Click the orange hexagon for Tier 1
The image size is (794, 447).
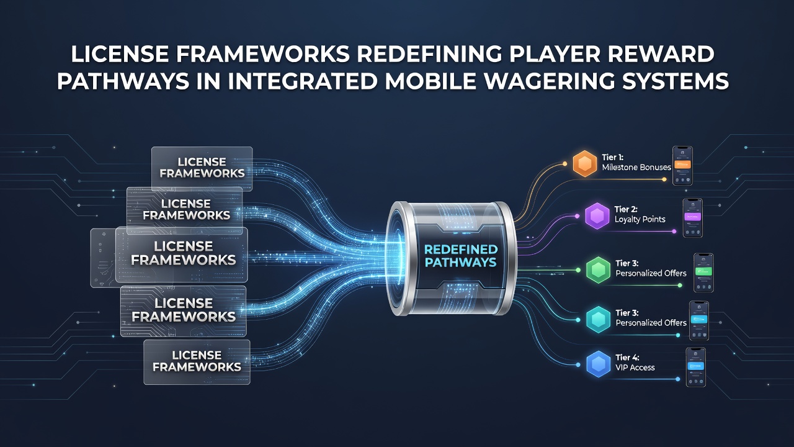pos(584,163)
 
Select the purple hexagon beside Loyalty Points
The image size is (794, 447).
pos(597,215)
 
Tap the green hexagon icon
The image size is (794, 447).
pos(599,270)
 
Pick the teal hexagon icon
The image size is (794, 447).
pos(599,320)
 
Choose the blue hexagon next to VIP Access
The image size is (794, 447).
pos(599,364)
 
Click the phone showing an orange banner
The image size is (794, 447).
pos(682,166)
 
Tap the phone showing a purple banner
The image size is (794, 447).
pos(693,218)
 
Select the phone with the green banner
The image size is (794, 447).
pos(703,273)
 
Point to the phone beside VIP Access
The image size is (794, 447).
pos(696,367)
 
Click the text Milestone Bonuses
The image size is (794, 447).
pos(636,168)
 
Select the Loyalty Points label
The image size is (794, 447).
pos(640,220)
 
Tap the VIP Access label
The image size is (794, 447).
pos(635,368)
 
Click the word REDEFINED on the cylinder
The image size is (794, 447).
pos(461,250)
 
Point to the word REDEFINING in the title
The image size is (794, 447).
pos(429,55)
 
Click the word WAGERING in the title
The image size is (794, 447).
pos(548,81)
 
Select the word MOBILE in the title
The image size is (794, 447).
pos(430,81)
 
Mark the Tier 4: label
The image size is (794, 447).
pos(627,358)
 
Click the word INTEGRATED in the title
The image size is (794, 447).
pos(301,81)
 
